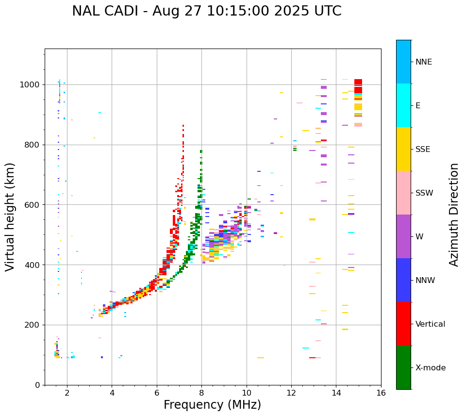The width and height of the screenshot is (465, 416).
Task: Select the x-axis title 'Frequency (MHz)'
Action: [x=212, y=405]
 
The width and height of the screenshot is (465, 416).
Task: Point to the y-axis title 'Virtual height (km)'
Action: [x=10, y=216]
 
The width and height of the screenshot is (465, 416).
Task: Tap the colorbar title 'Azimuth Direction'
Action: [x=454, y=215]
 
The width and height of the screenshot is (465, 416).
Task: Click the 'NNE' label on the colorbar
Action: [x=423, y=62]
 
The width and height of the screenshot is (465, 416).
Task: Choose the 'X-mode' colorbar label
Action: [x=430, y=368]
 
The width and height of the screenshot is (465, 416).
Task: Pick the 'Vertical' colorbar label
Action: [x=430, y=324]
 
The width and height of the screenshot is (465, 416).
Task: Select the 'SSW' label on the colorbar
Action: [x=424, y=193]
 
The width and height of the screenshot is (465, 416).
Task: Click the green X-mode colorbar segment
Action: [x=403, y=367]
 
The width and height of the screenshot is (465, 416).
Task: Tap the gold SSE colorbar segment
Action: [x=403, y=149]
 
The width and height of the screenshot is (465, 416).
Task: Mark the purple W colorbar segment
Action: [x=403, y=236]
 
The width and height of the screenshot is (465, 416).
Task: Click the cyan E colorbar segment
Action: [x=403, y=105]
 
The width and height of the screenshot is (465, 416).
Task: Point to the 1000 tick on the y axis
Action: [x=32, y=85]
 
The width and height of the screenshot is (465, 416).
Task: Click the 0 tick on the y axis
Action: [x=37, y=385]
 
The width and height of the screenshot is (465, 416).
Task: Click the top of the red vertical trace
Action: [x=183, y=126]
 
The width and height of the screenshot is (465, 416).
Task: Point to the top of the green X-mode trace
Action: [x=201, y=151]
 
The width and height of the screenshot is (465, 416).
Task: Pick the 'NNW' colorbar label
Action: [x=425, y=281]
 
